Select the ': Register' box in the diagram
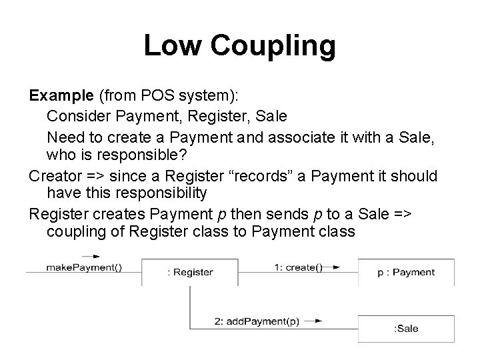click(191, 272)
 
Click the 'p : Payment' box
click(406, 272)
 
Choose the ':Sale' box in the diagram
click(406, 328)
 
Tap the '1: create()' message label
click(298, 267)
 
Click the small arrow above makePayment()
click(91, 256)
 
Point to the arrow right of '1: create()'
click(335, 268)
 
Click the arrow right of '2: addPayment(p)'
click(317, 321)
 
